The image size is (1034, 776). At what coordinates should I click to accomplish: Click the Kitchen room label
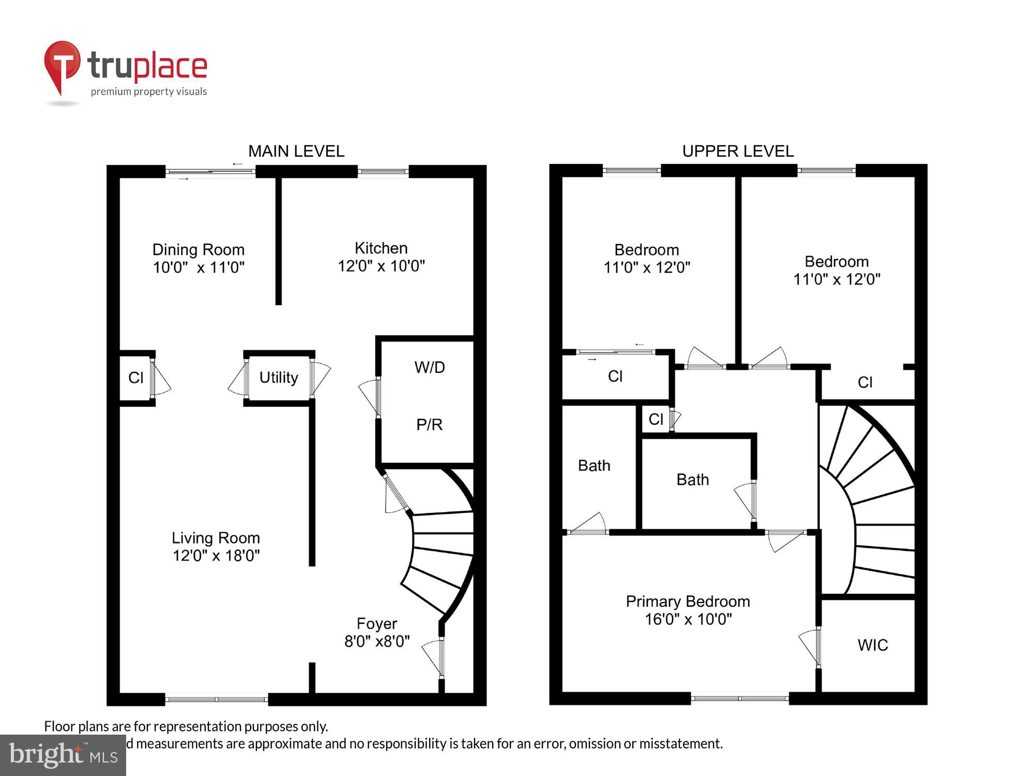pos(381,248)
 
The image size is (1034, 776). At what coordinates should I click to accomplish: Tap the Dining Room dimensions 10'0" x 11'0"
pos(199,267)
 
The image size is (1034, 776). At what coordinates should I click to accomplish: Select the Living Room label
pos(216,538)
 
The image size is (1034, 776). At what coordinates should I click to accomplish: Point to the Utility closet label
pos(279,378)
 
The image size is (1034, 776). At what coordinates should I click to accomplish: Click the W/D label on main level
pos(429,367)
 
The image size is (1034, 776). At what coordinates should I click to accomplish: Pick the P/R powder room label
pos(429,425)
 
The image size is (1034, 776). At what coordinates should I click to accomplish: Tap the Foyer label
pos(377,624)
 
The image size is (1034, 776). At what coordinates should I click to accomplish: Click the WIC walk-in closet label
pos(873,645)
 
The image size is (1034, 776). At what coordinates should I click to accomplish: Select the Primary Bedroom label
pos(688,602)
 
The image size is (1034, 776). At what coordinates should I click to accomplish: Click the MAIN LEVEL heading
pos(296,151)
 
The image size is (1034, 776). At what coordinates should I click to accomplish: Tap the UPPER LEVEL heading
pos(738,151)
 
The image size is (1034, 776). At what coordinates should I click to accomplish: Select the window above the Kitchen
pos(383,171)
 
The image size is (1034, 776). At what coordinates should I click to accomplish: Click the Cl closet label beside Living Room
pos(136,378)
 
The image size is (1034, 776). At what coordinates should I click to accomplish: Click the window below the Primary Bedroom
pos(739,698)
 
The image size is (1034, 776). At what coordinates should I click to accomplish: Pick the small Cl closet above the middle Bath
pos(656,419)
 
